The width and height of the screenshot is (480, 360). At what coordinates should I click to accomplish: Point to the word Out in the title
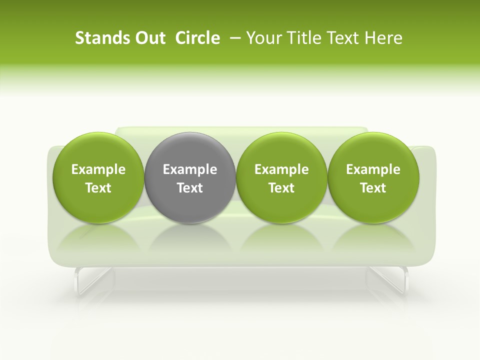(x=148, y=38)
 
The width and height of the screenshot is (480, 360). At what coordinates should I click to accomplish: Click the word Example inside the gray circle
(x=190, y=169)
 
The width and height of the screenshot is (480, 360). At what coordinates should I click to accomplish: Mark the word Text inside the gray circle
(x=190, y=188)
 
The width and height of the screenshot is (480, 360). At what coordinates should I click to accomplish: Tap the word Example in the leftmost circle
(x=98, y=169)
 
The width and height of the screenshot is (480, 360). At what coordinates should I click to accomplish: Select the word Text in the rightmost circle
(x=373, y=188)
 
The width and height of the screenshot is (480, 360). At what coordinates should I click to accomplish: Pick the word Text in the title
(x=339, y=38)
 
